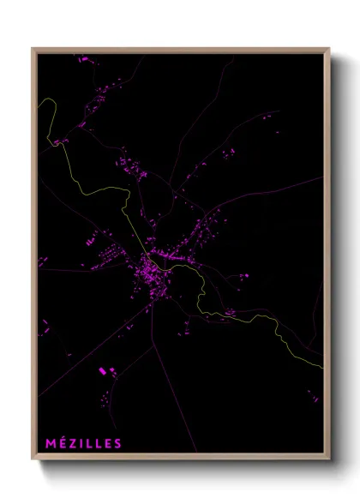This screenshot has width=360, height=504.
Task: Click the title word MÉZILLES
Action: click(x=85, y=442)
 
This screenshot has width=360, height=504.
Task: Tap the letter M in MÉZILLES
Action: click(x=50, y=442)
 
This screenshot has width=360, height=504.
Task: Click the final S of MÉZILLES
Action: click(x=119, y=442)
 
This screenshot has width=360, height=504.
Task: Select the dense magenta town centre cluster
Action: click(x=147, y=276)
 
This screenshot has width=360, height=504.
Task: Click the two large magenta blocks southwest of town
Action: click(x=106, y=371)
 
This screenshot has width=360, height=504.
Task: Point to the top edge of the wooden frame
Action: click(x=180, y=49)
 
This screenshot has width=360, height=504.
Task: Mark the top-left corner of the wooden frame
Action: click(x=34, y=50)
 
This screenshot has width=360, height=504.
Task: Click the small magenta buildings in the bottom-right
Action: click(x=312, y=397)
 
